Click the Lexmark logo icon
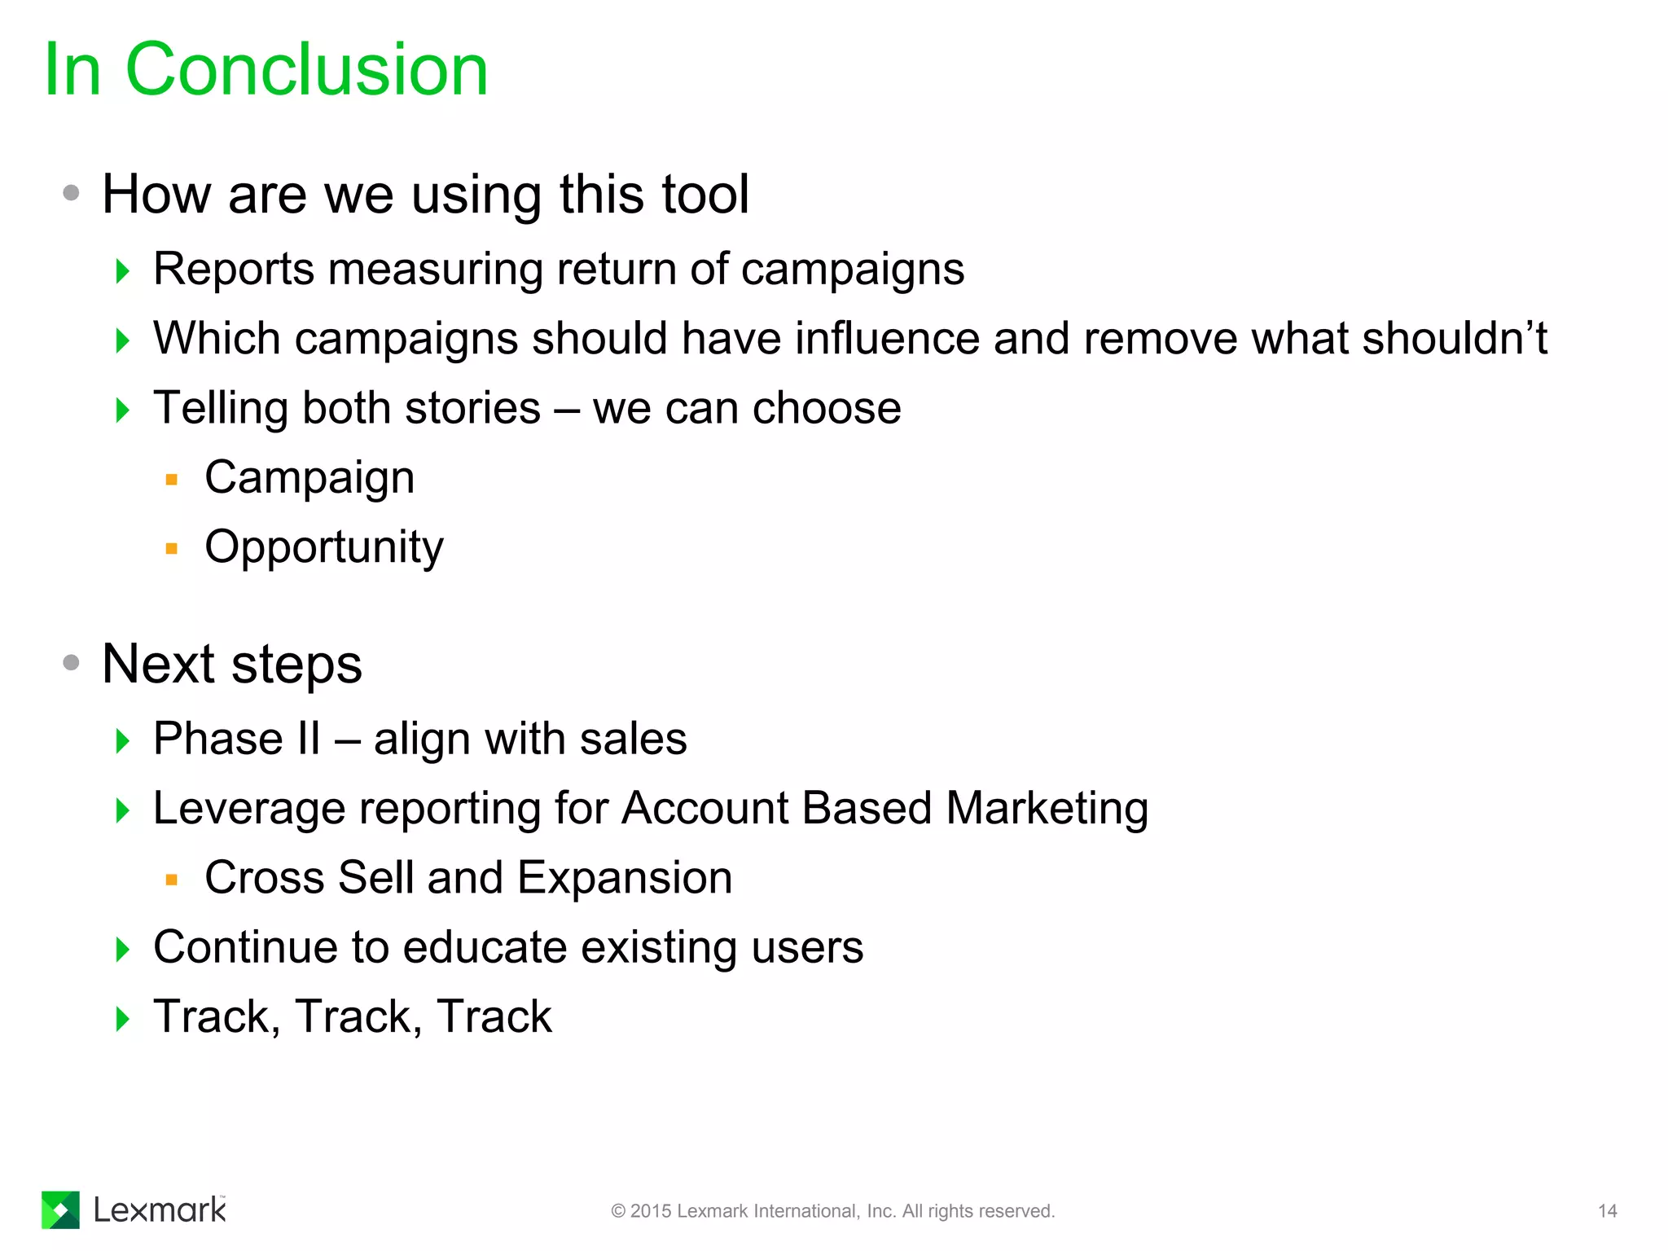pos(60,1209)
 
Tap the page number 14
pos(1607,1211)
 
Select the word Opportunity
pos(324,547)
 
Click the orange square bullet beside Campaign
pos(171,480)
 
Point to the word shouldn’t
pos(1455,338)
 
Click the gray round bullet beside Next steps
pos(72,663)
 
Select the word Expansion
pos(625,878)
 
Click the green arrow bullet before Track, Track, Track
pos(123,1018)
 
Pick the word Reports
pos(233,270)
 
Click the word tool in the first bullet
pos(705,195)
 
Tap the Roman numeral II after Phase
pos(309,739)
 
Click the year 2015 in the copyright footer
pos(651,1211)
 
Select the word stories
pos(472,408)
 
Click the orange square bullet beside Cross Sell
pos(171,880)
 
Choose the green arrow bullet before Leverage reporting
pos(123,810)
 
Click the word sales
pos(633,739)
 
